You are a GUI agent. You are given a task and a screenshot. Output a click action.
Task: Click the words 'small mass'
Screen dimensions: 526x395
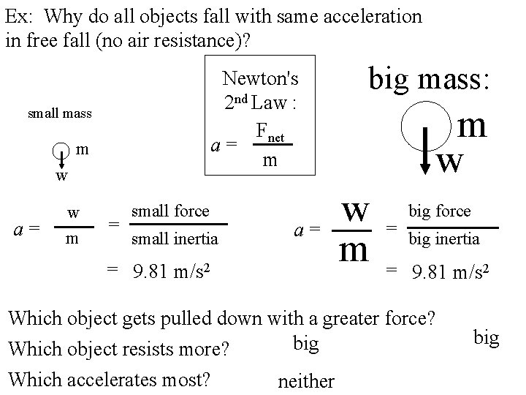(59, 114)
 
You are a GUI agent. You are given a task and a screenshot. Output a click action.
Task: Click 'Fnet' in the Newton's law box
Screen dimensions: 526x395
(272, 132)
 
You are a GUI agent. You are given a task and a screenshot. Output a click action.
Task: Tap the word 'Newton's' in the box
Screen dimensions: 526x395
(260, 78)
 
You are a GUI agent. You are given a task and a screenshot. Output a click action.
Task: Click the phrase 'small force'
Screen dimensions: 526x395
(169, 211)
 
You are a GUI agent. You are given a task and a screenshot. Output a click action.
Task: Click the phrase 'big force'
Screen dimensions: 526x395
(440, 212)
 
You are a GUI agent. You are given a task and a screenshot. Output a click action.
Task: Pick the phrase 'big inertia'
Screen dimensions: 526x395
(443, 238)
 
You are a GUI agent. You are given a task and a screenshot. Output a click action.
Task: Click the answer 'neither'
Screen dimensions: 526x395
(306, 381)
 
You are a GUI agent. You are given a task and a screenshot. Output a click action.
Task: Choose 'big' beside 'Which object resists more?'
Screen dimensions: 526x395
(305, 343)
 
